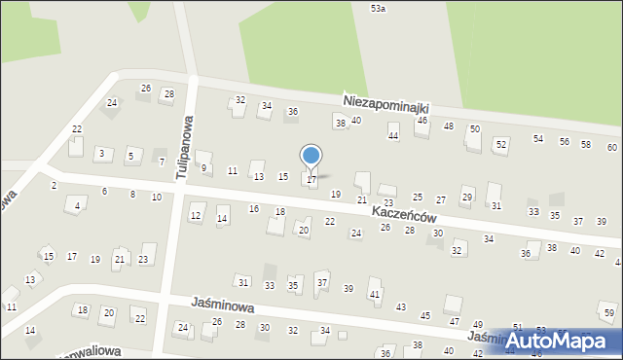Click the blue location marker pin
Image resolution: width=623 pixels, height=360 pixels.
311,157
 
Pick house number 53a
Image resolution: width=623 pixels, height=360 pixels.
378,8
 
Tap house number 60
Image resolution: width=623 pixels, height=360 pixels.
611,147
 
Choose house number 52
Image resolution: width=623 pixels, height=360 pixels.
500,144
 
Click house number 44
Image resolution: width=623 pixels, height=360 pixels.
393,136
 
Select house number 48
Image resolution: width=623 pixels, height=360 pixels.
449,126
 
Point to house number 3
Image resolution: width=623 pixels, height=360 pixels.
101,154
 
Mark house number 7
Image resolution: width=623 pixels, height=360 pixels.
162,162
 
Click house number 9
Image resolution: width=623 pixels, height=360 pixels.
203,167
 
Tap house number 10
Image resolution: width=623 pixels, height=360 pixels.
156,197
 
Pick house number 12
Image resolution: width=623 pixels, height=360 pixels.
196,215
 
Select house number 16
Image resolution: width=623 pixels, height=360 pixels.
254,209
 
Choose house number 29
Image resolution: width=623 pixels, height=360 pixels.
467,198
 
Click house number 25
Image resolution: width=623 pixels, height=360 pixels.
418,198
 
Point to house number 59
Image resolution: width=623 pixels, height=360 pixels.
608,313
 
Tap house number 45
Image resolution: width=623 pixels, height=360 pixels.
425,315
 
